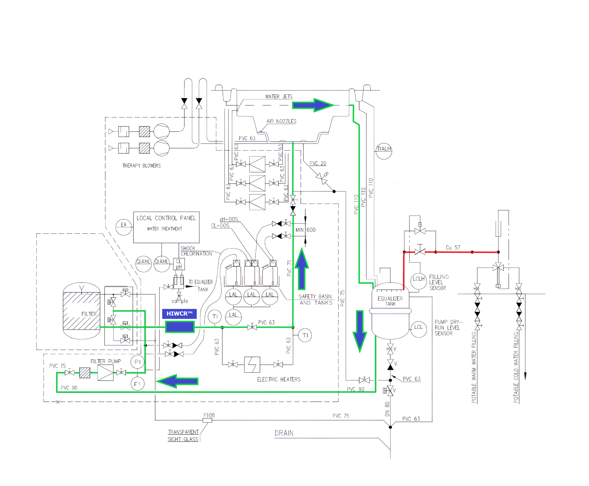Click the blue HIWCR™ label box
pos(179,313)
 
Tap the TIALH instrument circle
pos(384,151)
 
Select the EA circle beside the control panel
pos(124,227)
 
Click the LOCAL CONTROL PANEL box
pos(166,227)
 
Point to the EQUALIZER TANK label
pos(390,301)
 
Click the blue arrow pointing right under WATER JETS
pos(313,105)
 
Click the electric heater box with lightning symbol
pos(252,364)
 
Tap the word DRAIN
pos(284,433)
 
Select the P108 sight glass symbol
pos(207,420)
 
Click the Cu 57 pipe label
pos(453,247)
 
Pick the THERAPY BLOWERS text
pos(141,166)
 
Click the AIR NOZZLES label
pos(281,121)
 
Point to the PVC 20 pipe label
pos(318,163)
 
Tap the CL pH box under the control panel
pos(179,264)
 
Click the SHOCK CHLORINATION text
pos(196,251)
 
